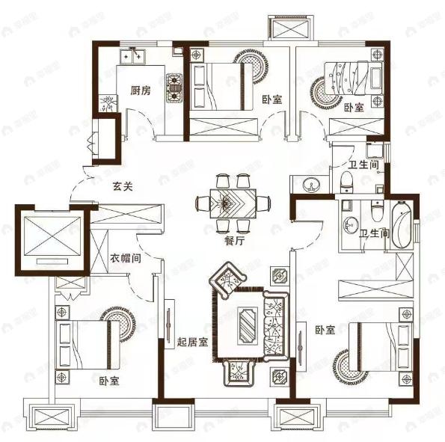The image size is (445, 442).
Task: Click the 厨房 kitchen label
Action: pyautogui.click(x=141, y=90)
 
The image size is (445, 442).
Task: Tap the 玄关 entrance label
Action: pyautogui.click(x=123, y=186)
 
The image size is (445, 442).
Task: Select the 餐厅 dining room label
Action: pyautogui.click(x=234, y=241)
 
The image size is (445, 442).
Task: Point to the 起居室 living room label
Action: pyautogui.click(x=192, y=342)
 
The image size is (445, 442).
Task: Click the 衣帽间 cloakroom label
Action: pyautogui.click(x=126, y=258)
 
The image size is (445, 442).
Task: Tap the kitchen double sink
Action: pyautogui.click(x=132, y=57)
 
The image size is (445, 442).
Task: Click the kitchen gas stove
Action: pyautogui.click(x=174, y=88)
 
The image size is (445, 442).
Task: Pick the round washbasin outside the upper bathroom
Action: pyautogui.click(x=311, y=185)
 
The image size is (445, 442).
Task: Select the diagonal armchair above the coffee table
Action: pyautogui.click(x=227, y=280)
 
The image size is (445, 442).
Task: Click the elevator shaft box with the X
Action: pyautogui.click(x=52, y=240)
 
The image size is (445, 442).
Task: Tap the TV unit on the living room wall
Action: pyautogui.click(x=170, y=324)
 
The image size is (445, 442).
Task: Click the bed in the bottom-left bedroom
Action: pyautogui.click(x=88, y=345)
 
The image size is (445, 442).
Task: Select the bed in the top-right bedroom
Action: pyautogui.click(x=354, y=78)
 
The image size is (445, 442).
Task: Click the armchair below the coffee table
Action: pyautogui.click(x=238, y=372)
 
